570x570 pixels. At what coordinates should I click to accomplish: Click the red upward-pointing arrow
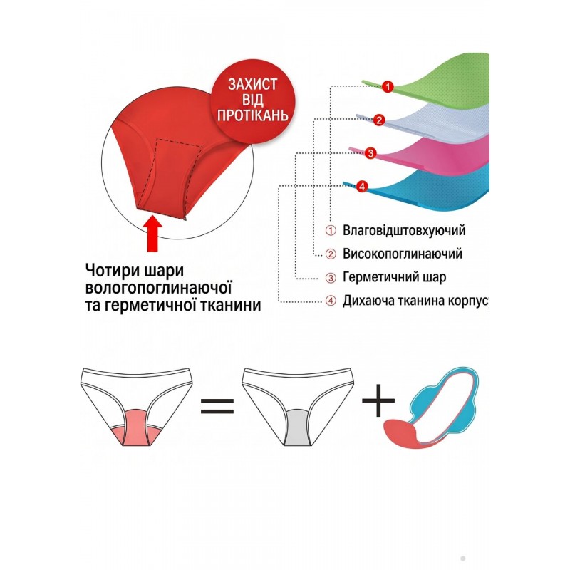(153, 234)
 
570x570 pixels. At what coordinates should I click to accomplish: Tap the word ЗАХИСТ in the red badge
(253, 84)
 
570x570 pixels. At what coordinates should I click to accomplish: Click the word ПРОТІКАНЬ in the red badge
(253, 115)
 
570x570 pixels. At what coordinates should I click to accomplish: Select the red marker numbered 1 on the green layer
(388, 87)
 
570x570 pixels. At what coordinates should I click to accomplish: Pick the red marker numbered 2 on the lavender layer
(379, 120)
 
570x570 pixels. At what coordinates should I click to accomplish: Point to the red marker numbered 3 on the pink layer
(370, 153)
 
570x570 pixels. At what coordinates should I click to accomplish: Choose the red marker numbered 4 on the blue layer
(362, 187)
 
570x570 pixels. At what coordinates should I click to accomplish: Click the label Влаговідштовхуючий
(404, 231)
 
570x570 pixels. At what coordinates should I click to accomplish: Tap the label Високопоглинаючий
(403, 254)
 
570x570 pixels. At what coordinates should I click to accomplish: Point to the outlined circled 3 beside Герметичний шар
(331, 278)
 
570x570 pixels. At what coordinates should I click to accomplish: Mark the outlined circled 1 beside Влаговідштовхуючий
(331, 231)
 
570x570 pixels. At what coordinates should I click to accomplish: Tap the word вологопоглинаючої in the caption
(158, 288)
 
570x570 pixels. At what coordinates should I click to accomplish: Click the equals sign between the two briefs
(217, 406)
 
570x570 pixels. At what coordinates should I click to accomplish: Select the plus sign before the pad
(378, 400)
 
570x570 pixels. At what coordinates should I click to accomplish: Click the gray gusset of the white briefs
(297, 428)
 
